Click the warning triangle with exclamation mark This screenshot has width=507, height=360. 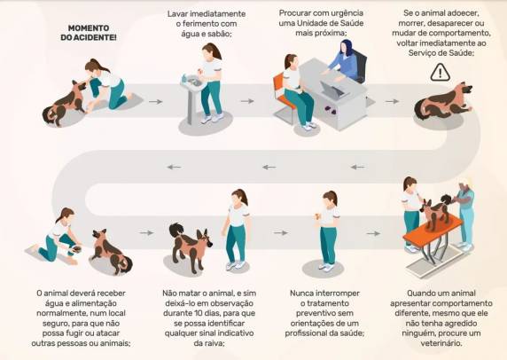pos(440,73)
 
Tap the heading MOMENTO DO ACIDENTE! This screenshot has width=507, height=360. pos(89,33)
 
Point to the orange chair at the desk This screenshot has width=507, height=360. pos(284,97)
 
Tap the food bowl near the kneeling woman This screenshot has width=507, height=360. pos(77,249)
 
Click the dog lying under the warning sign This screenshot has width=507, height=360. pos(443,101)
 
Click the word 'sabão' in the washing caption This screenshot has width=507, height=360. pos(220,34)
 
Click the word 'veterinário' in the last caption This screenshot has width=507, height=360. pos(441,343)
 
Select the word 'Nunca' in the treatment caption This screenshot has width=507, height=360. pos(301,293)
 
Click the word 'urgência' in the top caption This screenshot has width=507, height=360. pos(347,13)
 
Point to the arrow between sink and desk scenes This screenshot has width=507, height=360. pos(247,101)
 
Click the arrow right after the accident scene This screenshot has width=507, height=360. pos(155,102)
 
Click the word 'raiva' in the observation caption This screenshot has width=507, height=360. pos(214,343)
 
